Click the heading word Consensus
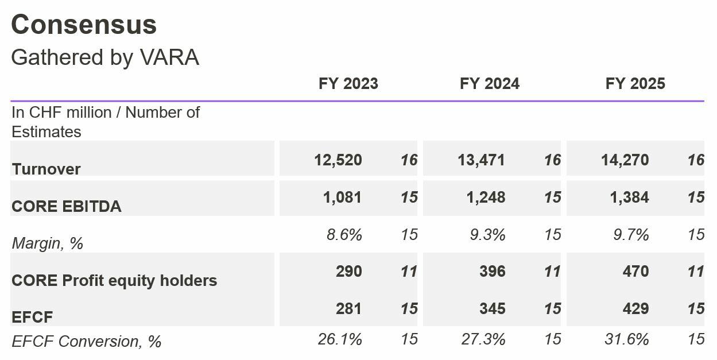pyautogui.click(x=84, y=25)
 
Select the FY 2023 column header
pyautogui.click(x=348, y=84)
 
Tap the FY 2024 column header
pyautogui.click(x=489, y=84)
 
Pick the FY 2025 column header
pyautogui.click(x=635, y=84)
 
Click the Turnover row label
pyautogui.click(x=46, y=169)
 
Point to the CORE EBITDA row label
pyautogui.click(x=66, y=207)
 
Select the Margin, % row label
pyautogui.click(x=48, y=243)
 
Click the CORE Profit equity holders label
pyautogui.click(x=114, y=281)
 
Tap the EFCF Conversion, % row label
pyautogui.click(x=86, y=342)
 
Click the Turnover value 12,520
pyautogui.click(x=338, y=160)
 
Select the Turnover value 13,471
pyautogui.click(x=481, y=160)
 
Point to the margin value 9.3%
pyautogui.click(x=487, y=235)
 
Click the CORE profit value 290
pyautogui.click(x=348, y=271)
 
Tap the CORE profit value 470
pyautogui.click(x=635, y=271)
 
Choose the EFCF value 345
pyautogui.click(x=492, y=308)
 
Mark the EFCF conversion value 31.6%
pyautogui.click(x=626, y=339)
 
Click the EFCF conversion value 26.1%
pyautogui.click(x=339, y=339)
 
